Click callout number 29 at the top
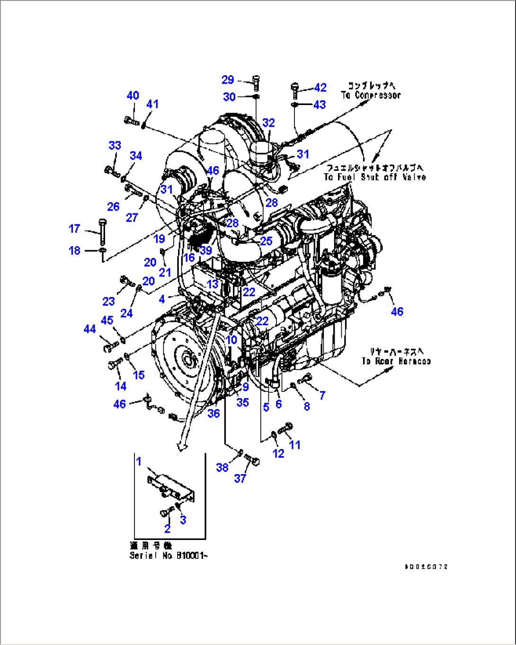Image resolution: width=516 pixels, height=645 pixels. (228, 80)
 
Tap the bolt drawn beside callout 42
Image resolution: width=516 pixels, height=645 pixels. (295, 89)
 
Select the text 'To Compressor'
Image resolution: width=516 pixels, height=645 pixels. (371, 95)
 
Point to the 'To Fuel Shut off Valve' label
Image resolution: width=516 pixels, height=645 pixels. (374, 177)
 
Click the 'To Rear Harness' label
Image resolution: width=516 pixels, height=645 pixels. (396, 361)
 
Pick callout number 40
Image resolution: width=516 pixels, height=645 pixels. (133, 95)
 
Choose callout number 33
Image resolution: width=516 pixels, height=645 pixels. (115, 145)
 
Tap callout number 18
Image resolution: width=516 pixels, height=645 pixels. (74, 250)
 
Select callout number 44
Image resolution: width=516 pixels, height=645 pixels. (89, 328)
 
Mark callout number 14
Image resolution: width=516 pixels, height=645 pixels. (121, 386)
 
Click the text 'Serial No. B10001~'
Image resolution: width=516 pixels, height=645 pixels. (169, 556)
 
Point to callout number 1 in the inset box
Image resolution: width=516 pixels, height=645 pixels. (139, 461)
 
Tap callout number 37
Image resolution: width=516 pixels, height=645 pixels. (240, 478)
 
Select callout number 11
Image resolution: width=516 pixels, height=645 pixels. (294, 444)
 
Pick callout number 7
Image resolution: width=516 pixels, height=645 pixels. (322, 395)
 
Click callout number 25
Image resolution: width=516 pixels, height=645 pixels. (266, 240)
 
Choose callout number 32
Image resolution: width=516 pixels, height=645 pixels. (268, 123)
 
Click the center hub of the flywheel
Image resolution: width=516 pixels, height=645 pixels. (186, 361)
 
